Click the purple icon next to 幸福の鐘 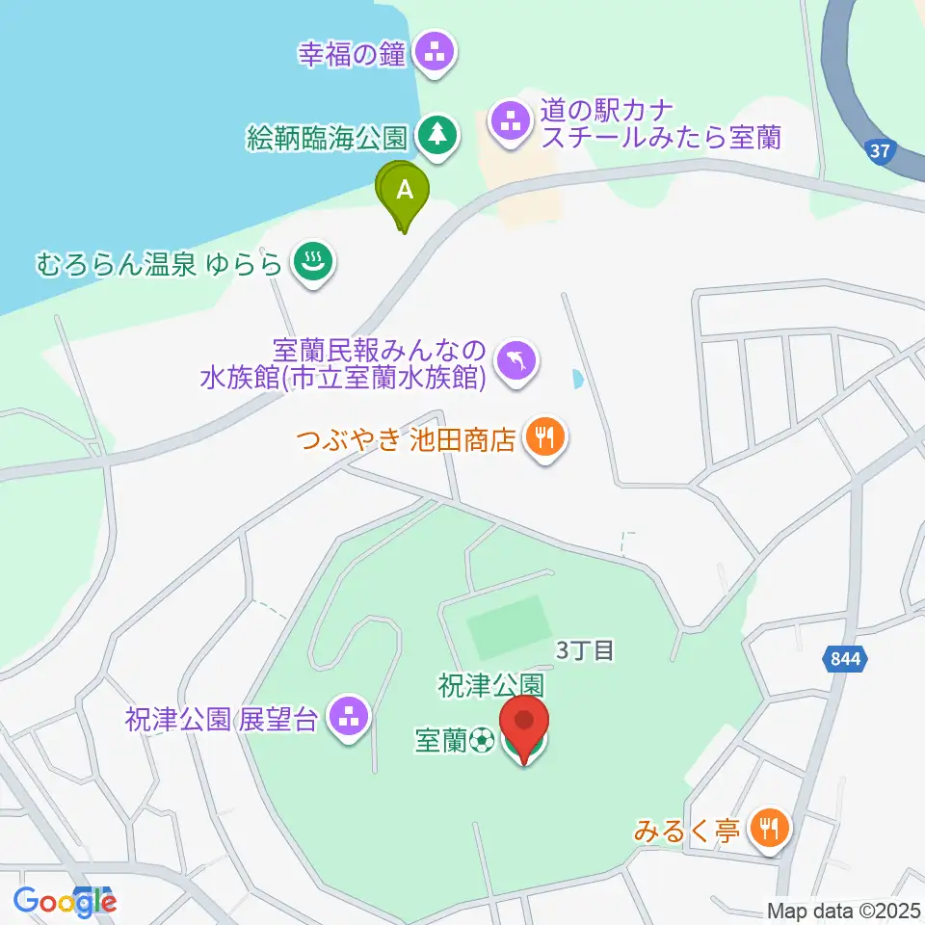(x=436, y=52)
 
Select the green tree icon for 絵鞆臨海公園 (x=438, y=136)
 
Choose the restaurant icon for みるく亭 (x=769, y=828)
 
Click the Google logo (x=65, y=901)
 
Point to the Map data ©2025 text (x=844, y=910)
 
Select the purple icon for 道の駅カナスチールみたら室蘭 (x=510, y=122)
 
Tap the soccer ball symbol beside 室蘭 (x=483, y=740)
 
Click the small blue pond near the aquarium (x=577, y=379)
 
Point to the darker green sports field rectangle (x=507, y=625)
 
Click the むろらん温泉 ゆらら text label (x=160, y=262)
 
